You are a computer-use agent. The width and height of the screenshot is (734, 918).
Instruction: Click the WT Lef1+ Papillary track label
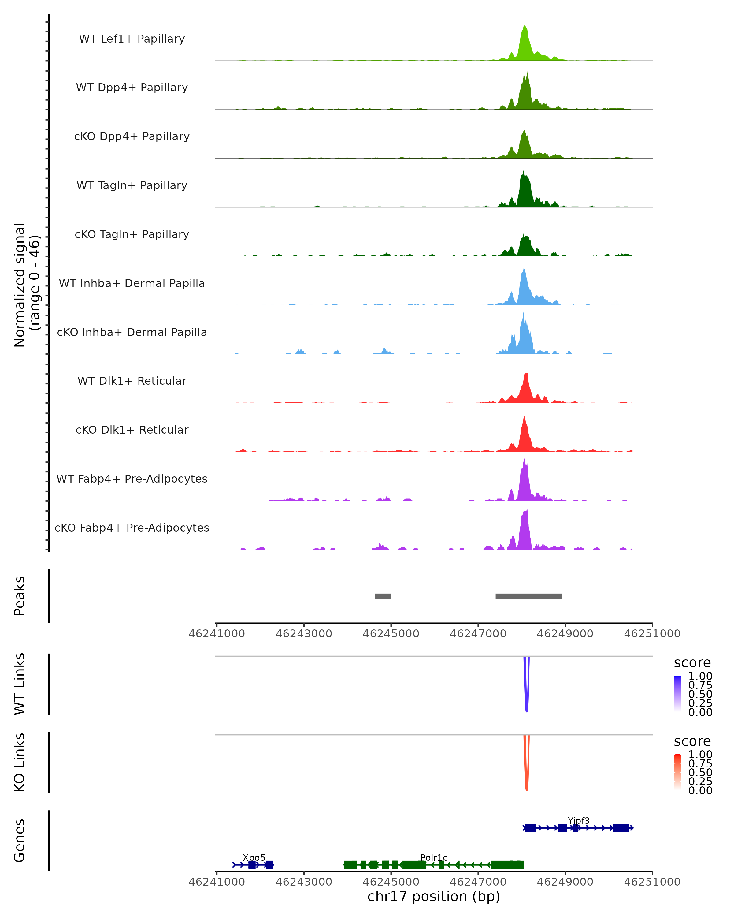pyautogui.click(x=132, y=39)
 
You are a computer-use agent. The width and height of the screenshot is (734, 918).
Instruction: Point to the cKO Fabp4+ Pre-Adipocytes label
pyautogui.click(x=132, y=528)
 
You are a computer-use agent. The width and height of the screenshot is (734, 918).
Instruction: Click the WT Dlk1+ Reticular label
pyautogui.click(x=132, y=381)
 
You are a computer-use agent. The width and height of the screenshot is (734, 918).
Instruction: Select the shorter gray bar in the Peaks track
pyautogui.click(x=383, y=596)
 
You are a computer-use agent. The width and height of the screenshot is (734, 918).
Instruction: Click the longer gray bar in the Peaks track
pyautogui.click(x=529, y=596)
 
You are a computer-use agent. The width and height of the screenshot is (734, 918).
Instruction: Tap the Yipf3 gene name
pyautogui.click(x=579, y=820)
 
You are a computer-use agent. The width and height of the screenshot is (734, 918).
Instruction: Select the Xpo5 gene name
pyautogui.click(x=254, y=857)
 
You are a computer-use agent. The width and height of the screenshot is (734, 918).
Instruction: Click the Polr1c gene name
pyautogui.click(x=434, y=857)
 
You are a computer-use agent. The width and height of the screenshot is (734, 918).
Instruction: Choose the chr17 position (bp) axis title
pyautogui.click(x=434, y=897)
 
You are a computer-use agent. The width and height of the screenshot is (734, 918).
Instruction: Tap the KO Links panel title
pyautogui.click(x=20, y=762)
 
